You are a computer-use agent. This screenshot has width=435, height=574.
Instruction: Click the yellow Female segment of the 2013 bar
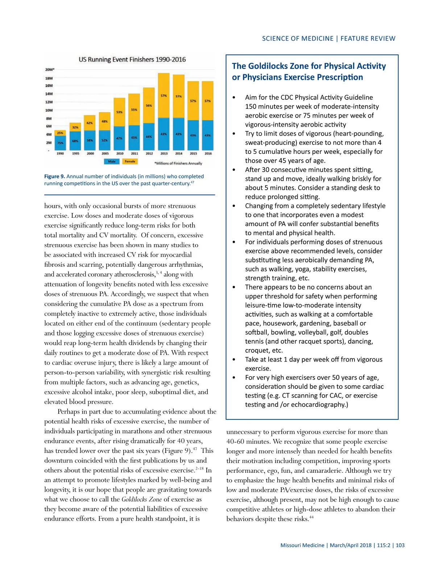click(164, 95)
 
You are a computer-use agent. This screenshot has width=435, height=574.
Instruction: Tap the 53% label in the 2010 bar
click(119, 112)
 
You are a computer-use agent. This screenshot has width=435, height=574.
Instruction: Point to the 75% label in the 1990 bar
click(60, 143)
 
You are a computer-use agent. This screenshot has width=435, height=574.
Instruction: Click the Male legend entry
click(112, 161)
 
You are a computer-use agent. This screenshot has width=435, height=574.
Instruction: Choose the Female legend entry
click(130, 161)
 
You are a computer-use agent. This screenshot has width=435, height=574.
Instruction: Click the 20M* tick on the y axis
click(50, 69)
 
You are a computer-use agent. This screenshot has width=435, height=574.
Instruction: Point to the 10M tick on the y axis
click(49, 110)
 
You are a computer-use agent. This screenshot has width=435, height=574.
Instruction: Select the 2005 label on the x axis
click(105, 153)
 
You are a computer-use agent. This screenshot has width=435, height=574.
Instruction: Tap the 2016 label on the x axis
click(208, 153)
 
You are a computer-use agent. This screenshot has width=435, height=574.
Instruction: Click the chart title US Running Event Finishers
click(132, 60)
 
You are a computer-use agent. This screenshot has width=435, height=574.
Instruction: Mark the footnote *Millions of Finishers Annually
click(178, 163)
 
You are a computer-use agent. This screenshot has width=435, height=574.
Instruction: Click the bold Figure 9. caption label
click(55, 176)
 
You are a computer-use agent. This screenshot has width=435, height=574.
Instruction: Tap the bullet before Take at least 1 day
click(234, 360)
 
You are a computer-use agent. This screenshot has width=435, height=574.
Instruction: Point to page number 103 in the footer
click(400, 545)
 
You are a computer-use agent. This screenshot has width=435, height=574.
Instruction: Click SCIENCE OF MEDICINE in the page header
click(298, 38)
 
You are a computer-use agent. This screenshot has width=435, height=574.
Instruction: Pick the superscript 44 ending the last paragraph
click(311, 517)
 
